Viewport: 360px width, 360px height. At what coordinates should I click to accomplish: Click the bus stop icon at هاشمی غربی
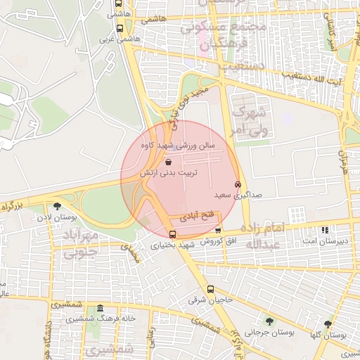tap(119, 30)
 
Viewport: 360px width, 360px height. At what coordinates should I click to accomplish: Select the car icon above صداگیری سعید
tap(237, 185)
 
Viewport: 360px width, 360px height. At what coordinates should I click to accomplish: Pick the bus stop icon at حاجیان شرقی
tap(210, 289)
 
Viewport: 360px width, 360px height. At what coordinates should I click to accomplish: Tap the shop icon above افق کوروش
tap(218, 230)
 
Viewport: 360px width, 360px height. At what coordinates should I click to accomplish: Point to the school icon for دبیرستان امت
tap(324, 230)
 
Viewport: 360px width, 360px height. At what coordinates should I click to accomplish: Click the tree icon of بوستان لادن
tap(57, 206)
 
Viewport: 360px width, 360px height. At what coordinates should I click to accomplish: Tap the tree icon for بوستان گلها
tap(328, 324)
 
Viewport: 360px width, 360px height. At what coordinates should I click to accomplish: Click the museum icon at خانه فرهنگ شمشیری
tap(101, 309)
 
